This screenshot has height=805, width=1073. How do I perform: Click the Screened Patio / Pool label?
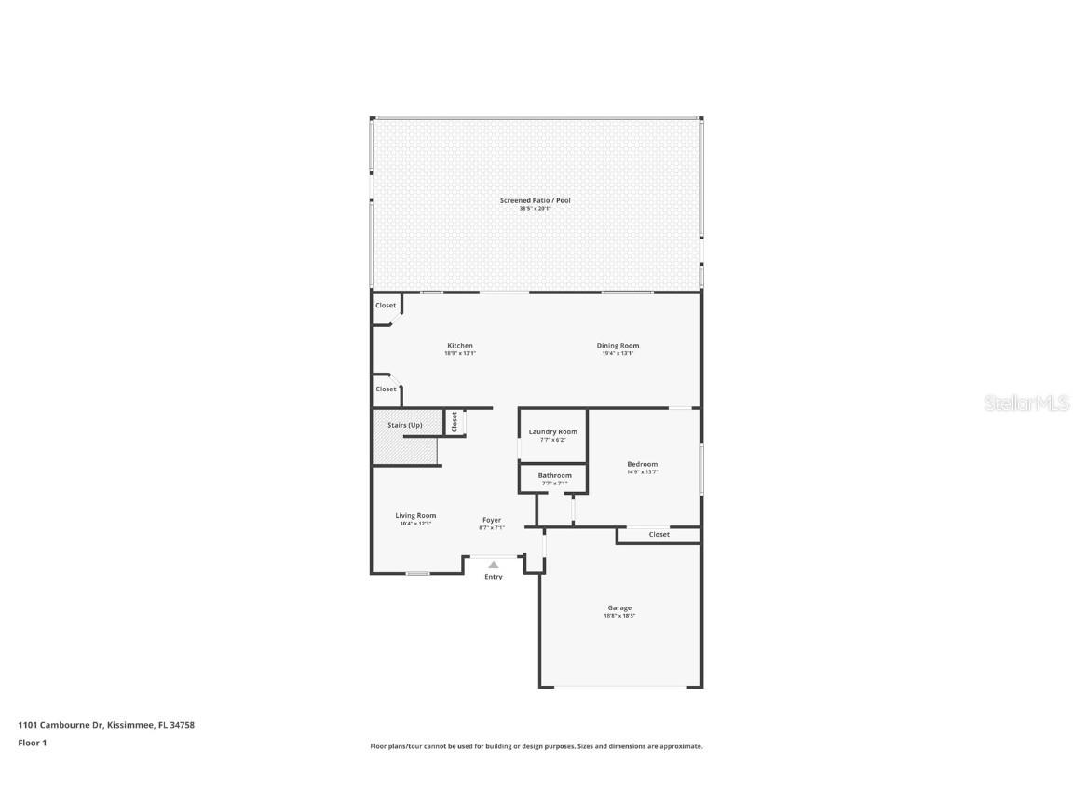536,200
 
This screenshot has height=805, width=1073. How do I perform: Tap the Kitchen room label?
460,346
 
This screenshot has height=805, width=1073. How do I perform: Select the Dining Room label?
618,346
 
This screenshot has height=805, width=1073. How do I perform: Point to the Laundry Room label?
552,431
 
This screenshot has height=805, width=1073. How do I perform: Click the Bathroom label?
554,475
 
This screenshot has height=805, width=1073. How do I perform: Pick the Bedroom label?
642,464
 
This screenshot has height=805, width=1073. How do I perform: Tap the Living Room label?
415,515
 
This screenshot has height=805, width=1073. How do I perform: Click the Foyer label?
492,520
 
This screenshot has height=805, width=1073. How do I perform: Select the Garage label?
619,607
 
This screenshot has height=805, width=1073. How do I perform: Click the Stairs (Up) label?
405,425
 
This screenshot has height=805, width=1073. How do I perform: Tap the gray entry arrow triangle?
494,564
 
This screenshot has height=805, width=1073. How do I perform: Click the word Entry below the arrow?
494,577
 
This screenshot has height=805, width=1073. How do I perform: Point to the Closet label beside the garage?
659,534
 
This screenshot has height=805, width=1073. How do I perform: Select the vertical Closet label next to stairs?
455,421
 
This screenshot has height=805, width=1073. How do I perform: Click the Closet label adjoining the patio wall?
386,306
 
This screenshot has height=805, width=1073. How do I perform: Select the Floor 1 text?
32,743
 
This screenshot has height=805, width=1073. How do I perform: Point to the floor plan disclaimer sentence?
536,746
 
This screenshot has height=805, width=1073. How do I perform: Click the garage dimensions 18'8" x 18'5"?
619,616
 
